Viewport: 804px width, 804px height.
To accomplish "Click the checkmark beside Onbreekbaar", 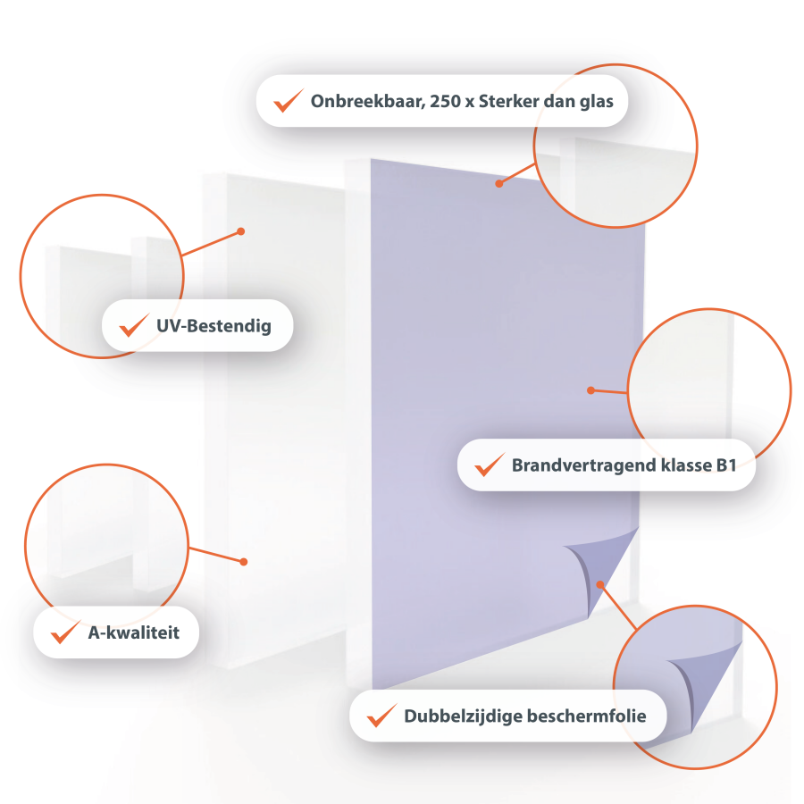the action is pyautogui.click(x=289, y=100).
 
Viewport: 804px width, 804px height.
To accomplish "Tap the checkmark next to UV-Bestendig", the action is pyautogui.click(x=134, y=325).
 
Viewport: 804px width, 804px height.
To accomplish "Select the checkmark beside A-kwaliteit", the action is pyautogui.click(x=65, y=632).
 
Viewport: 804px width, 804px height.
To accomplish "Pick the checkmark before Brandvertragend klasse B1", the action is pyautogui.click(x=490, y=465).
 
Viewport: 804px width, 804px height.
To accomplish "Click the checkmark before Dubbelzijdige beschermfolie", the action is pyautogui.click(x=382, y=716).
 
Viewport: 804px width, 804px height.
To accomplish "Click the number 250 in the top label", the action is pyautogui.click(x=445, y=102).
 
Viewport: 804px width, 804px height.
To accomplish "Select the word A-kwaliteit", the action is pyautogui.click(x=134, y=632).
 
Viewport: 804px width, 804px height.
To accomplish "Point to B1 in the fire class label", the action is pyautogui.click(x=726, y=465).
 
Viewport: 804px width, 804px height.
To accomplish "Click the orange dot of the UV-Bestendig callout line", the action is pyautogui.click(x=241, y=231).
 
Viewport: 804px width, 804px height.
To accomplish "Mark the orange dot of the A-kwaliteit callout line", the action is pyautogui.click(x=244, y=562).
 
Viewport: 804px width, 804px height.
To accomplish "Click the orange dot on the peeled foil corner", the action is pyautogui.click(x=600, y=584).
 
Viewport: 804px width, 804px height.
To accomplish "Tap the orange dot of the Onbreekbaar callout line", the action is pyautogui.click(x=498, y=183).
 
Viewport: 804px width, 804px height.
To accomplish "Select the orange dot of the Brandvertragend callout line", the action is pyautogui.click(x=590, y=390).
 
